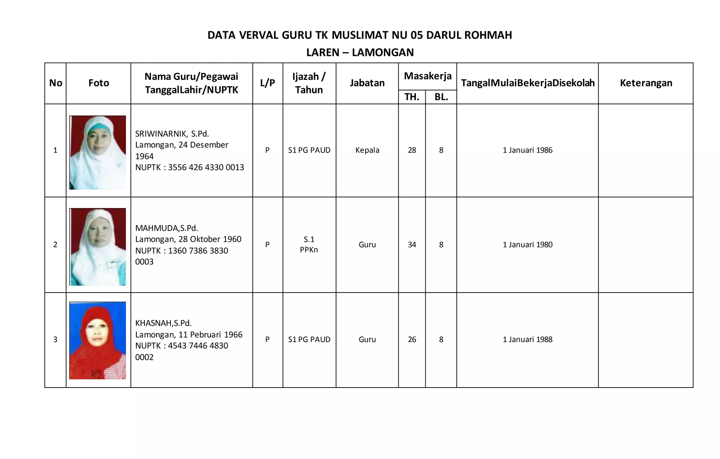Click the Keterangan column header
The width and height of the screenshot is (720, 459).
pos(646,83)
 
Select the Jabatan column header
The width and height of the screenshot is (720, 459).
pos(367,83)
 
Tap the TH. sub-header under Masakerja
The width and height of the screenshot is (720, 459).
pos(412,97)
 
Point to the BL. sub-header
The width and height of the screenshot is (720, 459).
pos(441,97)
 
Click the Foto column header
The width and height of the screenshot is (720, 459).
pos(98,83)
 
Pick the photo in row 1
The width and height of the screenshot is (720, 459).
pos(98,152)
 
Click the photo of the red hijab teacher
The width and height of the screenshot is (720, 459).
pos(98,340)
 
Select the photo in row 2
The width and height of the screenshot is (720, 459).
pos(98,247)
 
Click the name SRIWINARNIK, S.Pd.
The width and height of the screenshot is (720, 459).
pos(172,134)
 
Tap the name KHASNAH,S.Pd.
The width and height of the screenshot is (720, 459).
pos(163,323)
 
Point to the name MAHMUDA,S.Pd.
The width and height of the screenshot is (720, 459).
pos(167,228)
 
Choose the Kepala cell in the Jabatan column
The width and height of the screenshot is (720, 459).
pos(367,150)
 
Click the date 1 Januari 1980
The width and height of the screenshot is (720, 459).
pos(527,245)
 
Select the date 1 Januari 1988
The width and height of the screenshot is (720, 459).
pos(527,340)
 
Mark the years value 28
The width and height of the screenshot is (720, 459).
pos(412,150)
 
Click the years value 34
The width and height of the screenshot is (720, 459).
pos(412,245)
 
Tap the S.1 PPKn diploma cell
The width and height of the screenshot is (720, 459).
pos(309,245)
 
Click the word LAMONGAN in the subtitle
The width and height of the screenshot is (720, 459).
pos(383,52)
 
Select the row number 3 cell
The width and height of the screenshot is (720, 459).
pos(55,340)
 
